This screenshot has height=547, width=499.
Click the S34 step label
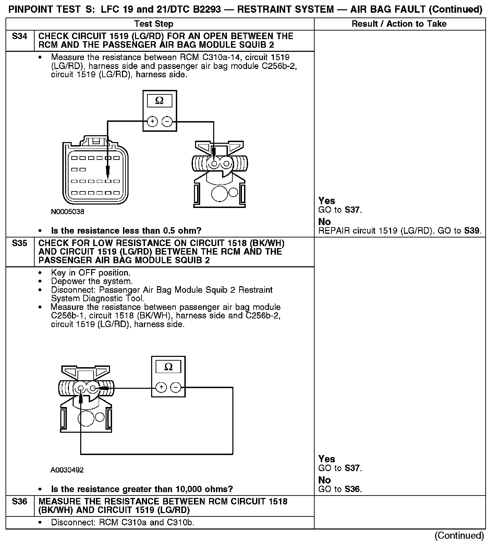20,36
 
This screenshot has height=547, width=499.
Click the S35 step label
20,243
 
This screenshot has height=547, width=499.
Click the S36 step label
20,502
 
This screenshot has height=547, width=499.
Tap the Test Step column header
154,24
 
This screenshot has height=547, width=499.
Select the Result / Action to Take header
399,24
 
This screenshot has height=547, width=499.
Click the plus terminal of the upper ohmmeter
152,121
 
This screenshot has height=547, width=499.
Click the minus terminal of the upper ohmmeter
167,121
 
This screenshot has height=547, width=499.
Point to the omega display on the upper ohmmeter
159,101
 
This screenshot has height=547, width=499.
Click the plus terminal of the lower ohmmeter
161,388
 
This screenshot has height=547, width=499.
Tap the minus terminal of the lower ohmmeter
176,388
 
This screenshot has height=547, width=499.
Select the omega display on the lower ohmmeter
168,367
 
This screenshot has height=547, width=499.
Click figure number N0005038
68,212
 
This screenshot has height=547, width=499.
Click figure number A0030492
67,470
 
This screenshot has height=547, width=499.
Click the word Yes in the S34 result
327,201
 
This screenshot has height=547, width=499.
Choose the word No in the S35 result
325,480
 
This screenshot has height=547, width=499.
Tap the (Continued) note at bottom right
459,536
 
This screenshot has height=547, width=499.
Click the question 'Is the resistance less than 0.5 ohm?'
126,231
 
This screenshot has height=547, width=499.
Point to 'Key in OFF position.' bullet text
90,273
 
